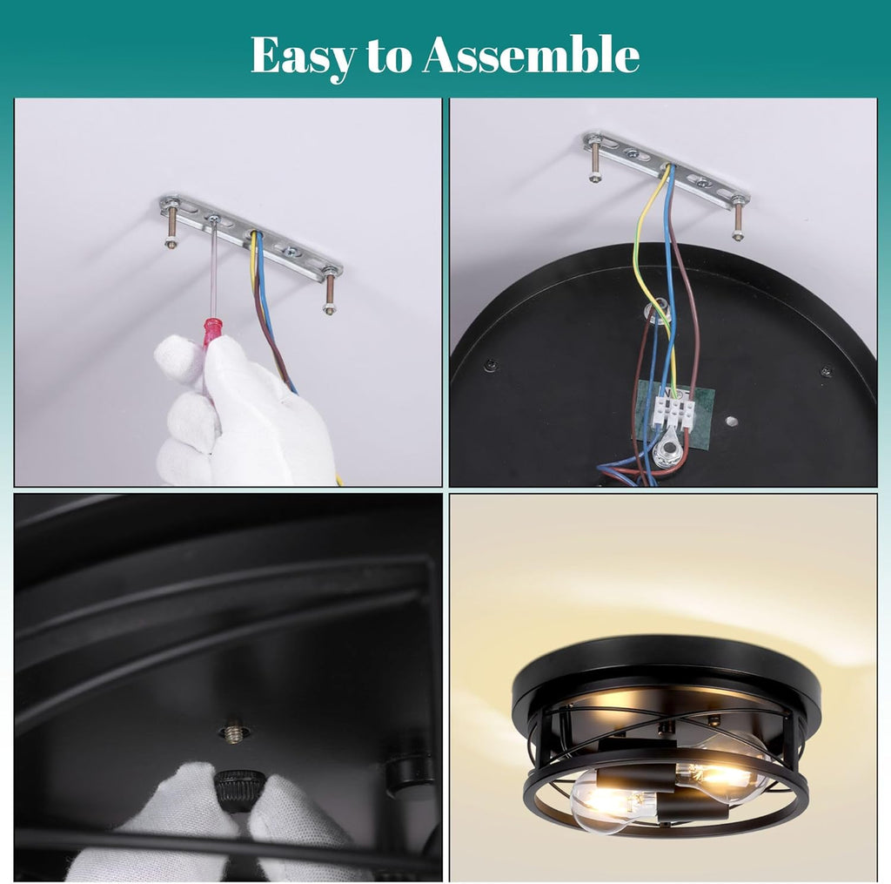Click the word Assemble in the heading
[x=531, y=55]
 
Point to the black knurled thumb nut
[x=238, y=790]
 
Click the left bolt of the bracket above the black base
[x=593, y=161]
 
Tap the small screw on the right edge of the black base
[x=827, y=372]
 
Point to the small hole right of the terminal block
[x=731, y=422]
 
